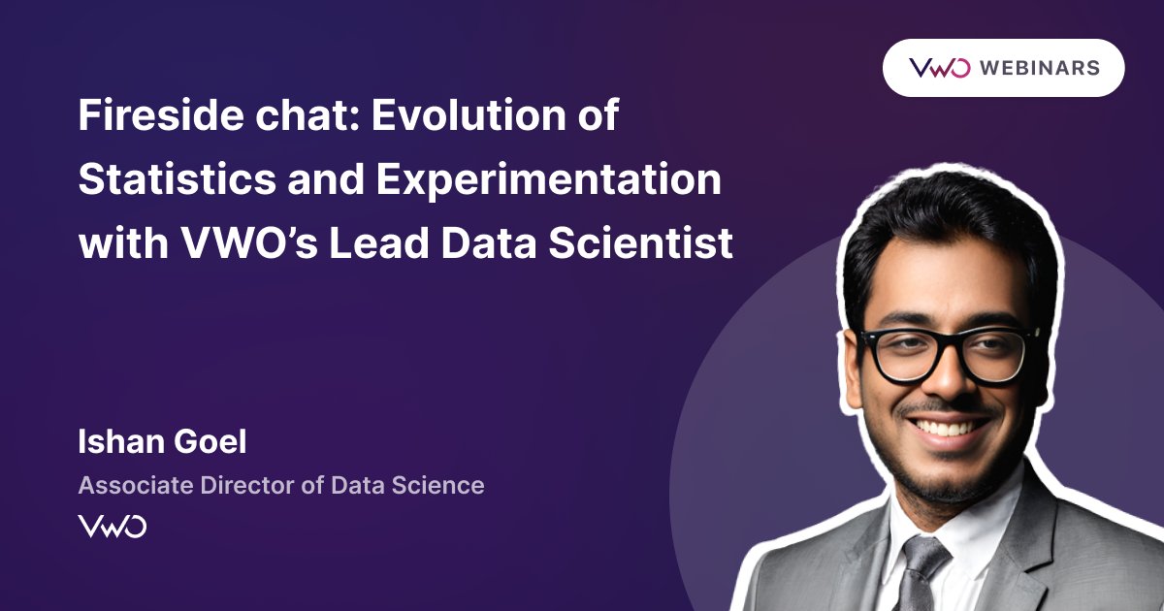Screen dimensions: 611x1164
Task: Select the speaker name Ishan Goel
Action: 162,442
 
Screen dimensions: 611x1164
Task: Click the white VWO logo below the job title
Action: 113,527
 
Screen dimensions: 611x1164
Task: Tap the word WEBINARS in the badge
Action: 1039,68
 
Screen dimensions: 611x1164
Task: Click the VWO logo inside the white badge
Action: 939,68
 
